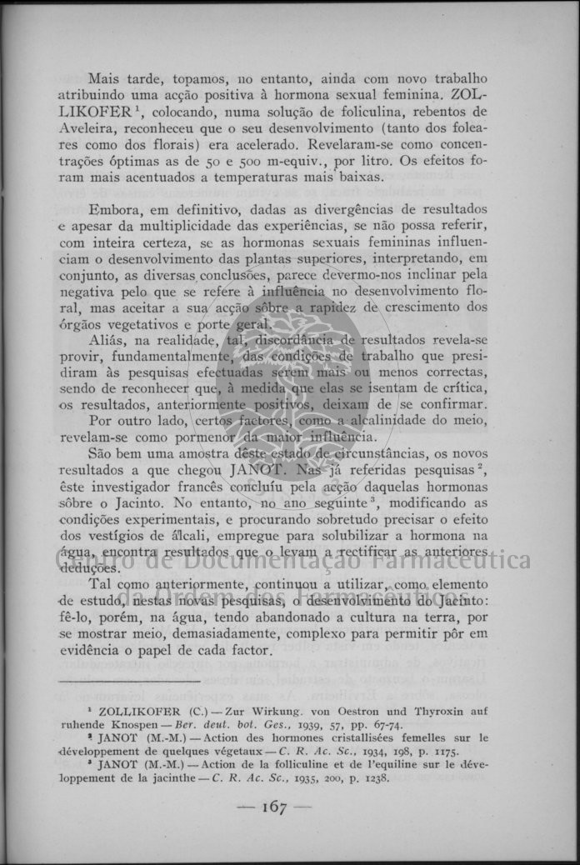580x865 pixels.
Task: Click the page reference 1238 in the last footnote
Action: (x=374, y=778)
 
